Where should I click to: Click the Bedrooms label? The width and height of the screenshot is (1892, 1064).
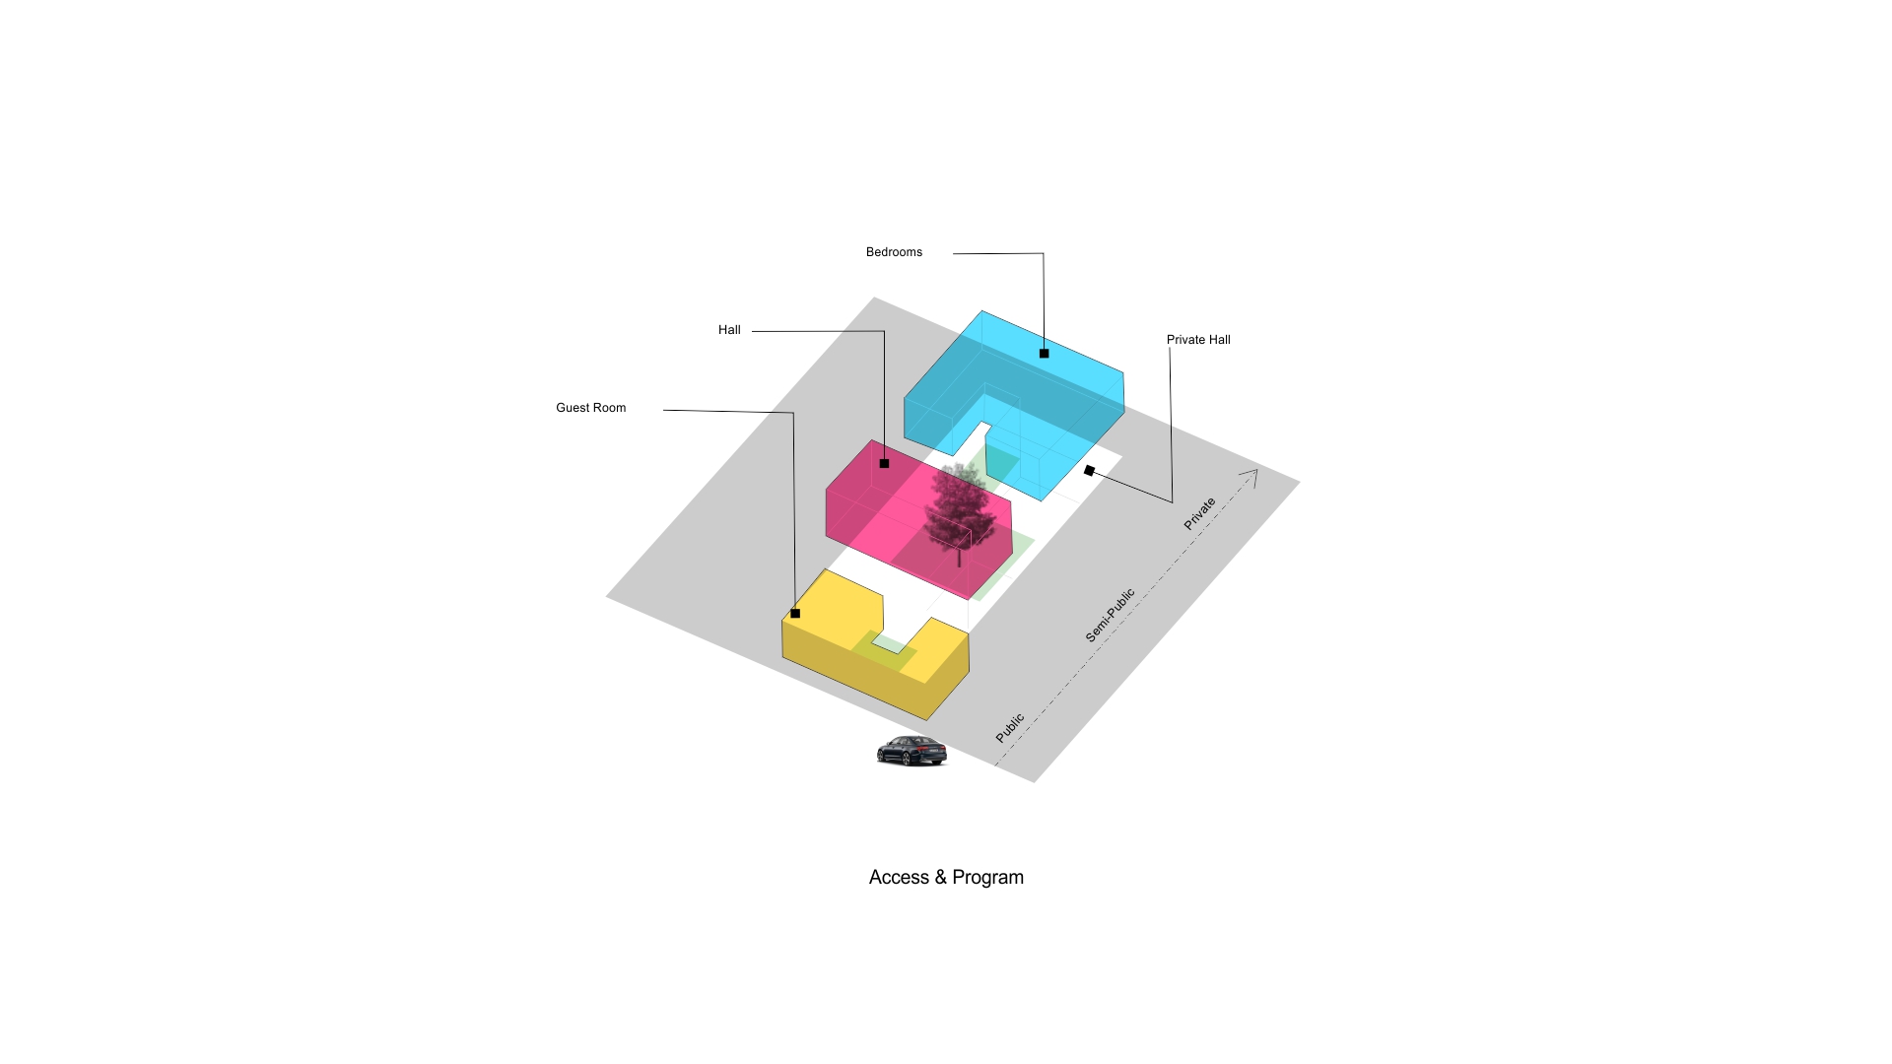894,252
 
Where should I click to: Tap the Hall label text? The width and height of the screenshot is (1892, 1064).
729,330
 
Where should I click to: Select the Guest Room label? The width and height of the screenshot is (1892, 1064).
590,408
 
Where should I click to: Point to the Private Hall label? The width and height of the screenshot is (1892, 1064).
1198,340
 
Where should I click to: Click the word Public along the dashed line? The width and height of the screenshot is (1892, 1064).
1010,728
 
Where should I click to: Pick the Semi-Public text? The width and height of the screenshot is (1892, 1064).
1111,616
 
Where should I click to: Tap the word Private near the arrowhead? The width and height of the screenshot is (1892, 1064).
1200,514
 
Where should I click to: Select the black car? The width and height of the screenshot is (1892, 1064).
912,751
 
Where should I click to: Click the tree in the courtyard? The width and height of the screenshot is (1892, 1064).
956,507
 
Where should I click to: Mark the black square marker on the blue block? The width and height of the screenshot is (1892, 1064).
1044,353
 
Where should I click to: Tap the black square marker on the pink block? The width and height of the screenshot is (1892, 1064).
884,463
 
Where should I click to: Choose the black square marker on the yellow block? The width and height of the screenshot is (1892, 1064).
795,613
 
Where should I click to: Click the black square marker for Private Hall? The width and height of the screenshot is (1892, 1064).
1089,471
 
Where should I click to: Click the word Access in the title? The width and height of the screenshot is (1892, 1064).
899,878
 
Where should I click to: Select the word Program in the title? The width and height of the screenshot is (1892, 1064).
987,878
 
